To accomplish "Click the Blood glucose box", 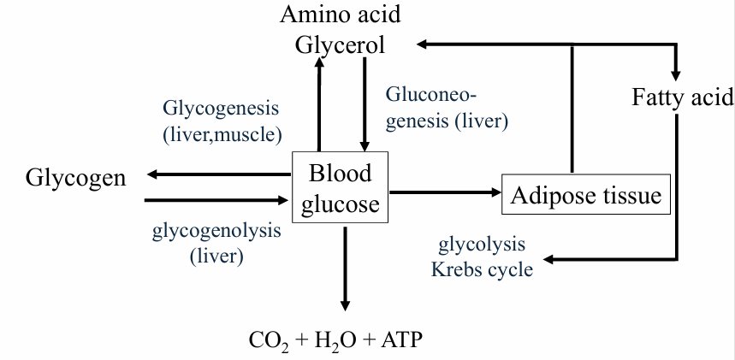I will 341,188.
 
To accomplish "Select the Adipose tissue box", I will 586,196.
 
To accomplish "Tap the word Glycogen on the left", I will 75,178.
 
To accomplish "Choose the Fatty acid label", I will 683,96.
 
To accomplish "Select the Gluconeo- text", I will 431,93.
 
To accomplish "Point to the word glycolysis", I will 482,246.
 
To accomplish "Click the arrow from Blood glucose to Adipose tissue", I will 444,193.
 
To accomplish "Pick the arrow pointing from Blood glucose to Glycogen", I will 218,174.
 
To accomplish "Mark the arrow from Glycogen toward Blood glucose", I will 218,201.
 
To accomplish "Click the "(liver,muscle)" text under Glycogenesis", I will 222,133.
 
